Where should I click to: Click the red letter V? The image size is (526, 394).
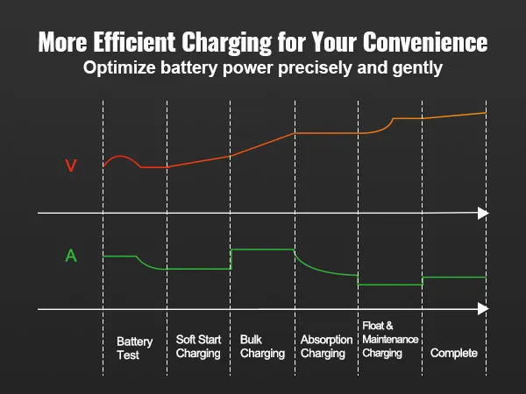[72, 165]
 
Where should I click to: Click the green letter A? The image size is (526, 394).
[71, 256]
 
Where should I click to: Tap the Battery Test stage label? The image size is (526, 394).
[134, 348]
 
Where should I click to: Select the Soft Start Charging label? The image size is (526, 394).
[198, 347]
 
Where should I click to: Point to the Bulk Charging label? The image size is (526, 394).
[262, 347]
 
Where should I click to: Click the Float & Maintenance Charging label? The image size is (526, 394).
[390, 340]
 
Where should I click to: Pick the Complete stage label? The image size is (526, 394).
[454, 353]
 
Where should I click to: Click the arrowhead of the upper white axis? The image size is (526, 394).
[482, 213]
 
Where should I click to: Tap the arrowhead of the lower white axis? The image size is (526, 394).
[482, 308]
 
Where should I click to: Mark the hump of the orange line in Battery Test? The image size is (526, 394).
[121, 156]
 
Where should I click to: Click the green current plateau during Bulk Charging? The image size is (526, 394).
[262, 250]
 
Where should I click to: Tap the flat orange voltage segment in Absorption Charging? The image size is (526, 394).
[326, 133]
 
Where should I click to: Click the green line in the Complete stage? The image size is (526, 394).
[454, 278]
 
